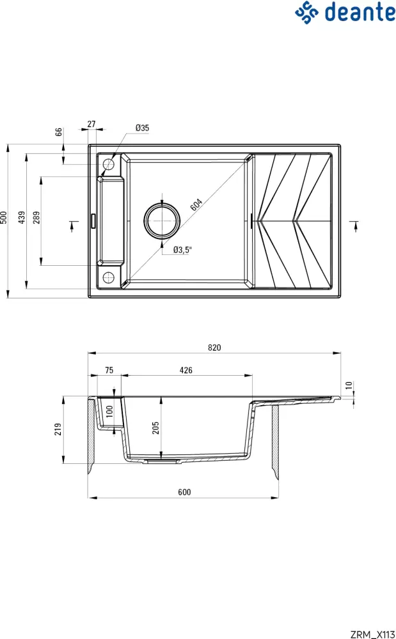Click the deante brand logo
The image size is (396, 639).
tap(344, 12)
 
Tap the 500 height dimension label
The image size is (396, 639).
tap(4, 217)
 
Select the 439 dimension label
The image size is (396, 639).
tap(22, 217)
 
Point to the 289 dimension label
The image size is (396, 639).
tap(36, 217)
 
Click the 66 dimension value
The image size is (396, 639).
tap(59, 132)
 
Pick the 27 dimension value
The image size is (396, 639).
tap(91, 124)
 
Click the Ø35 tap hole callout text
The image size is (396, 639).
tap(142, 128)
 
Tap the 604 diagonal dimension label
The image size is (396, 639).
tap(196, 206)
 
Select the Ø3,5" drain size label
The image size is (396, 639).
tap(182, 250)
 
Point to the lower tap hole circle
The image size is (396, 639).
tap(108, 277)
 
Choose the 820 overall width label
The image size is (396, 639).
tap(214, 348)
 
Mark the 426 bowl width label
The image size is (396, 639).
tap(186, 371)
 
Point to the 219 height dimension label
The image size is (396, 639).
tap(59, 429)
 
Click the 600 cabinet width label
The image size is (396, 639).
tap(184, 492)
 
